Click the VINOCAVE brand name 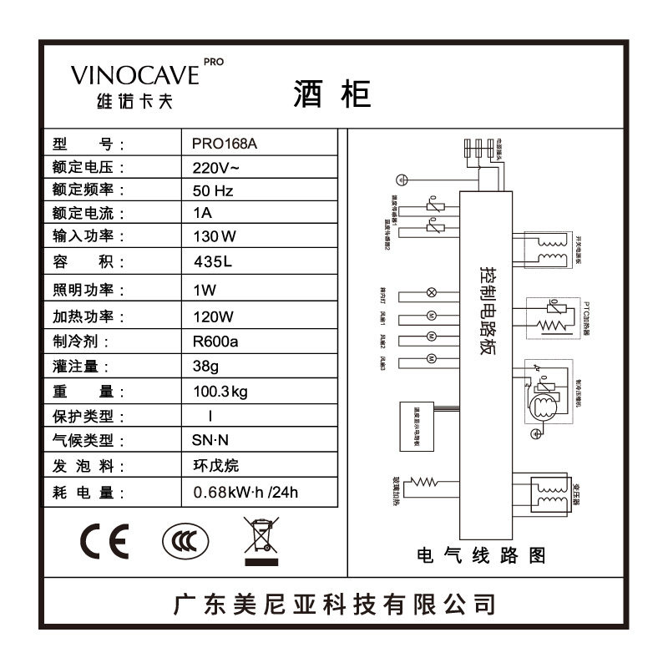tap(135, 74)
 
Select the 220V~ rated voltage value tap(216, 166)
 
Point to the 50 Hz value tap(213, 190)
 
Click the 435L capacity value tap(213, 262)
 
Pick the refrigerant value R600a tap(215, 341)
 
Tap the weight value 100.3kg tap(221, 391)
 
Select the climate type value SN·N tap(210, 441)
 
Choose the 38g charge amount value tap(206, 366)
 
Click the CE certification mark tap(104, 544)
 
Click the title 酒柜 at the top tap(331, 94)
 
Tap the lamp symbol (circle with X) tap(432, 293)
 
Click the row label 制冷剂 tap(80, 341)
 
